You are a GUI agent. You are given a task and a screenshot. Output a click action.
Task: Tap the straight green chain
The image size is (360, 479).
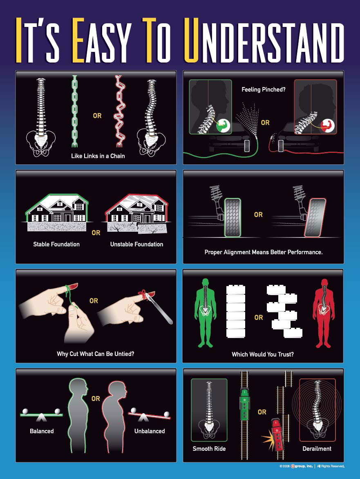[74, 111]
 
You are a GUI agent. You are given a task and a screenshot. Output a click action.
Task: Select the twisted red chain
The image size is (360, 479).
[119, 111]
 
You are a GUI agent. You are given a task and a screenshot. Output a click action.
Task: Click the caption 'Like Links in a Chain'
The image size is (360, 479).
[98, 156]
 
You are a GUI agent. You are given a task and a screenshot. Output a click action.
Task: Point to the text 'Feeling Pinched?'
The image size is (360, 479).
[264, 89]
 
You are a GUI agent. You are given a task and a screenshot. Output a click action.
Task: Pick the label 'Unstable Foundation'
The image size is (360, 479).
[136, 244]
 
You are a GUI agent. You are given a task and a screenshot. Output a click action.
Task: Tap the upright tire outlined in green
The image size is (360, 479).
[233, 217]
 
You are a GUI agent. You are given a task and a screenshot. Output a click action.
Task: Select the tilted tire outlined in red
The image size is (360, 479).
[315, 217]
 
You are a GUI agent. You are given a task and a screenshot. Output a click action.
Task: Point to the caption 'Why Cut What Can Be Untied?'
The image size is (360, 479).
[96, 354]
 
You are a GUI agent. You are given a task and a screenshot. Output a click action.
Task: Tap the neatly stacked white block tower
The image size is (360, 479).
[236, 311]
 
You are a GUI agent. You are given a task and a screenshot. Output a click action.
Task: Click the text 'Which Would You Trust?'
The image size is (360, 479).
[263, 354]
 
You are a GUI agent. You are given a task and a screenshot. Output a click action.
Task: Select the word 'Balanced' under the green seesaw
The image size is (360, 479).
[42, 431]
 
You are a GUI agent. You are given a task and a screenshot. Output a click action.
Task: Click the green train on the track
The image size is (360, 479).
[245, 405]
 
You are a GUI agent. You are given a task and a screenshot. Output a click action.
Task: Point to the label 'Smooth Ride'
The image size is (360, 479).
[209, 448]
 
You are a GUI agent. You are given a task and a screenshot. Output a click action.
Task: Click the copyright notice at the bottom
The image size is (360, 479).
[312, 466]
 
